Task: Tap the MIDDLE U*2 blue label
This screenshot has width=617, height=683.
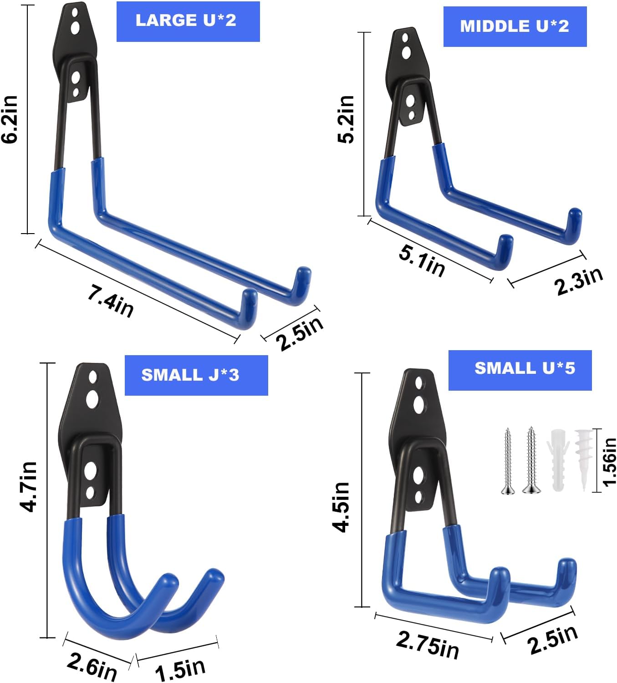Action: click(x=515, y=26)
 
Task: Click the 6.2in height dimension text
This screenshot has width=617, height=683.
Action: click(x=10, y=119)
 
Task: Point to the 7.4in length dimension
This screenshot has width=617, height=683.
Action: click(x=111, y=301)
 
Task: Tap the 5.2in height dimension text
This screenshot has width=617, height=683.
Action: click(x=347, y=119)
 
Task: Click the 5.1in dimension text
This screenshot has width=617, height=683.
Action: click(x=422, y=261)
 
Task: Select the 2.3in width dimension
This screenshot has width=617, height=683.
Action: click(x=578, y=280)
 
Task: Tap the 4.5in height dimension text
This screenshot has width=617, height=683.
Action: click(x=342, y=506)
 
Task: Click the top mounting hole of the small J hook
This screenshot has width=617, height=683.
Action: click(x=93, y=377)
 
